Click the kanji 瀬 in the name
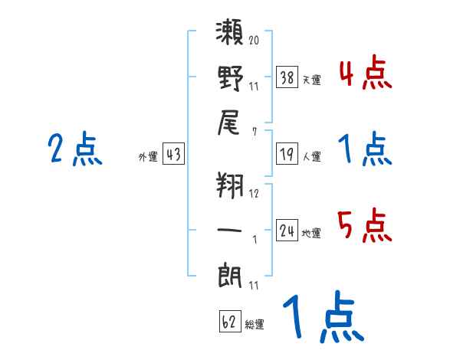(x=230, y=32)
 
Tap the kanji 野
(x=231, y=78)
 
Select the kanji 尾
(x=228, y=123)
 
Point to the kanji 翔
(x=230, y=185)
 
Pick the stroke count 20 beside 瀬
(x=254, y=40)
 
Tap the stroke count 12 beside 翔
(x=254, y=194)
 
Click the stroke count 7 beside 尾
(x=255, y=132)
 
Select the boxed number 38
(x=287, y=77)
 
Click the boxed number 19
(x=287, y=154)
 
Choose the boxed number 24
(x=287, y=230)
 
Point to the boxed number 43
(x=174, y=154)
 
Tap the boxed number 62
(x=230, y=321)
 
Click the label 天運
(x=312, y=80)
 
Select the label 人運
(x=312, y=156)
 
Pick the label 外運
(x=148, y=157)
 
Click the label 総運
(x=255, y=325)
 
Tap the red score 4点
(x=366, y=72)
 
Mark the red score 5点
(x=365, y=225)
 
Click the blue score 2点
(x=75, y=149)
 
